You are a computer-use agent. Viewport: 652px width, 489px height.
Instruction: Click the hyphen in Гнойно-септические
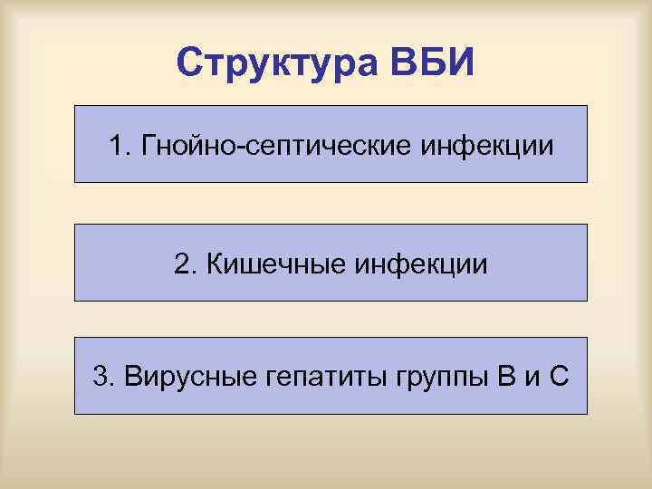pyautogui.click(x=234, y=146)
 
